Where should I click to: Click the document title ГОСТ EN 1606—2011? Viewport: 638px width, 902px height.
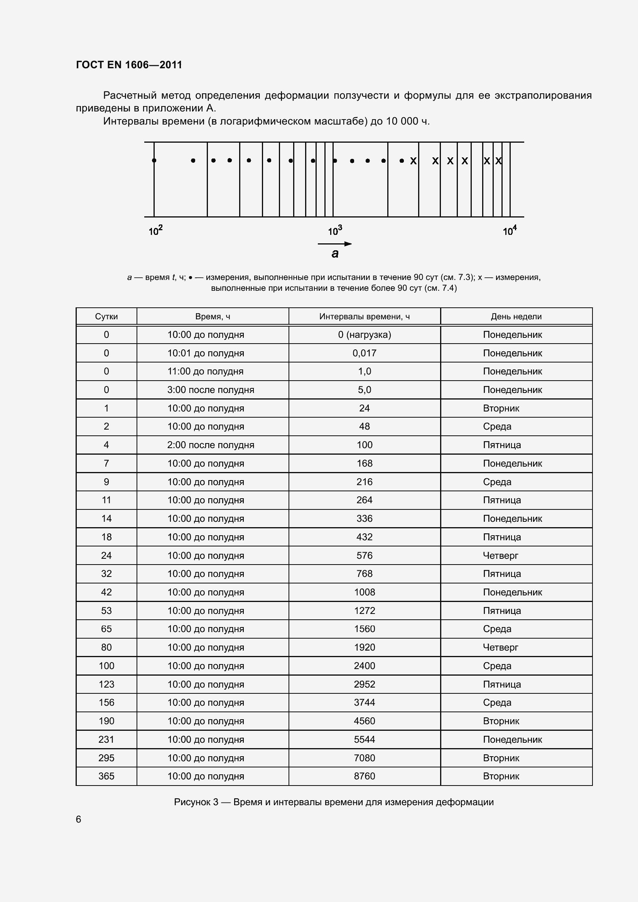pyautogui.click(x=129, y=65)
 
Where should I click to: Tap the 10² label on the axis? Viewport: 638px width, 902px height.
pyautogui.click(x=155, y=231)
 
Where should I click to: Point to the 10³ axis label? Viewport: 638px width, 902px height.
pyautogui.click(x=335, y=231)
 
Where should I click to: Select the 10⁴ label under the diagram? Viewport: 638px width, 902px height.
pyautogui.click(x=510, y=231)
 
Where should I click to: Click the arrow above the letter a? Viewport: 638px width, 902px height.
pyautogui.click(x=335, y=244)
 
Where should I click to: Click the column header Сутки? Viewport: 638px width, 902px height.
pyautogui.click(x=106, y=317)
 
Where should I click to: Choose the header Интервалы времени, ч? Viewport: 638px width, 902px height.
pyautogui.click(x=364, y=317)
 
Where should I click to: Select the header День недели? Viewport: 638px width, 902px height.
pyautogui.click(x=516, y=317)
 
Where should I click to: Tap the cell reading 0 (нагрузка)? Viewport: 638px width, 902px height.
pyautogui.click(x=364, y=335)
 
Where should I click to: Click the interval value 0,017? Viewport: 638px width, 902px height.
pyautogui.click(x=364, y=353)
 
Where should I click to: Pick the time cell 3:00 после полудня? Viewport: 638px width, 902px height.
pyautogui.click(x=211, y=390)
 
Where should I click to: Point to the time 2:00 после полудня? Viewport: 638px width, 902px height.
pyautogui.click(x=211, y=445)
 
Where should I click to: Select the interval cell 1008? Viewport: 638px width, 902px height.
pyautogui.click(x=364, y=592)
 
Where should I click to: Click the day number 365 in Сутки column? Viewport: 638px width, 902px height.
pyautogui.click(x=106, y=776)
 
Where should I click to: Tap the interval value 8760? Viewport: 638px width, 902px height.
pyautogui.click(x=364, y=776)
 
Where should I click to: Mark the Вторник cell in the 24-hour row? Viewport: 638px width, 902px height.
pyautogui.click(x=501, y=408)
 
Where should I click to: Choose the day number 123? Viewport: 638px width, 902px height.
pyautogui.click(x=106, y=685)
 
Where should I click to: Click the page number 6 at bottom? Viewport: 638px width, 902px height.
pyautogui.click(x=79, y=819)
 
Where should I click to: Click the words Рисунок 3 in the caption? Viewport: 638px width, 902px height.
pyautogui.click(x=196, y=802)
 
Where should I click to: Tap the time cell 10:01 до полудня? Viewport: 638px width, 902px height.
pyautogui.click(x=206, y=353)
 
